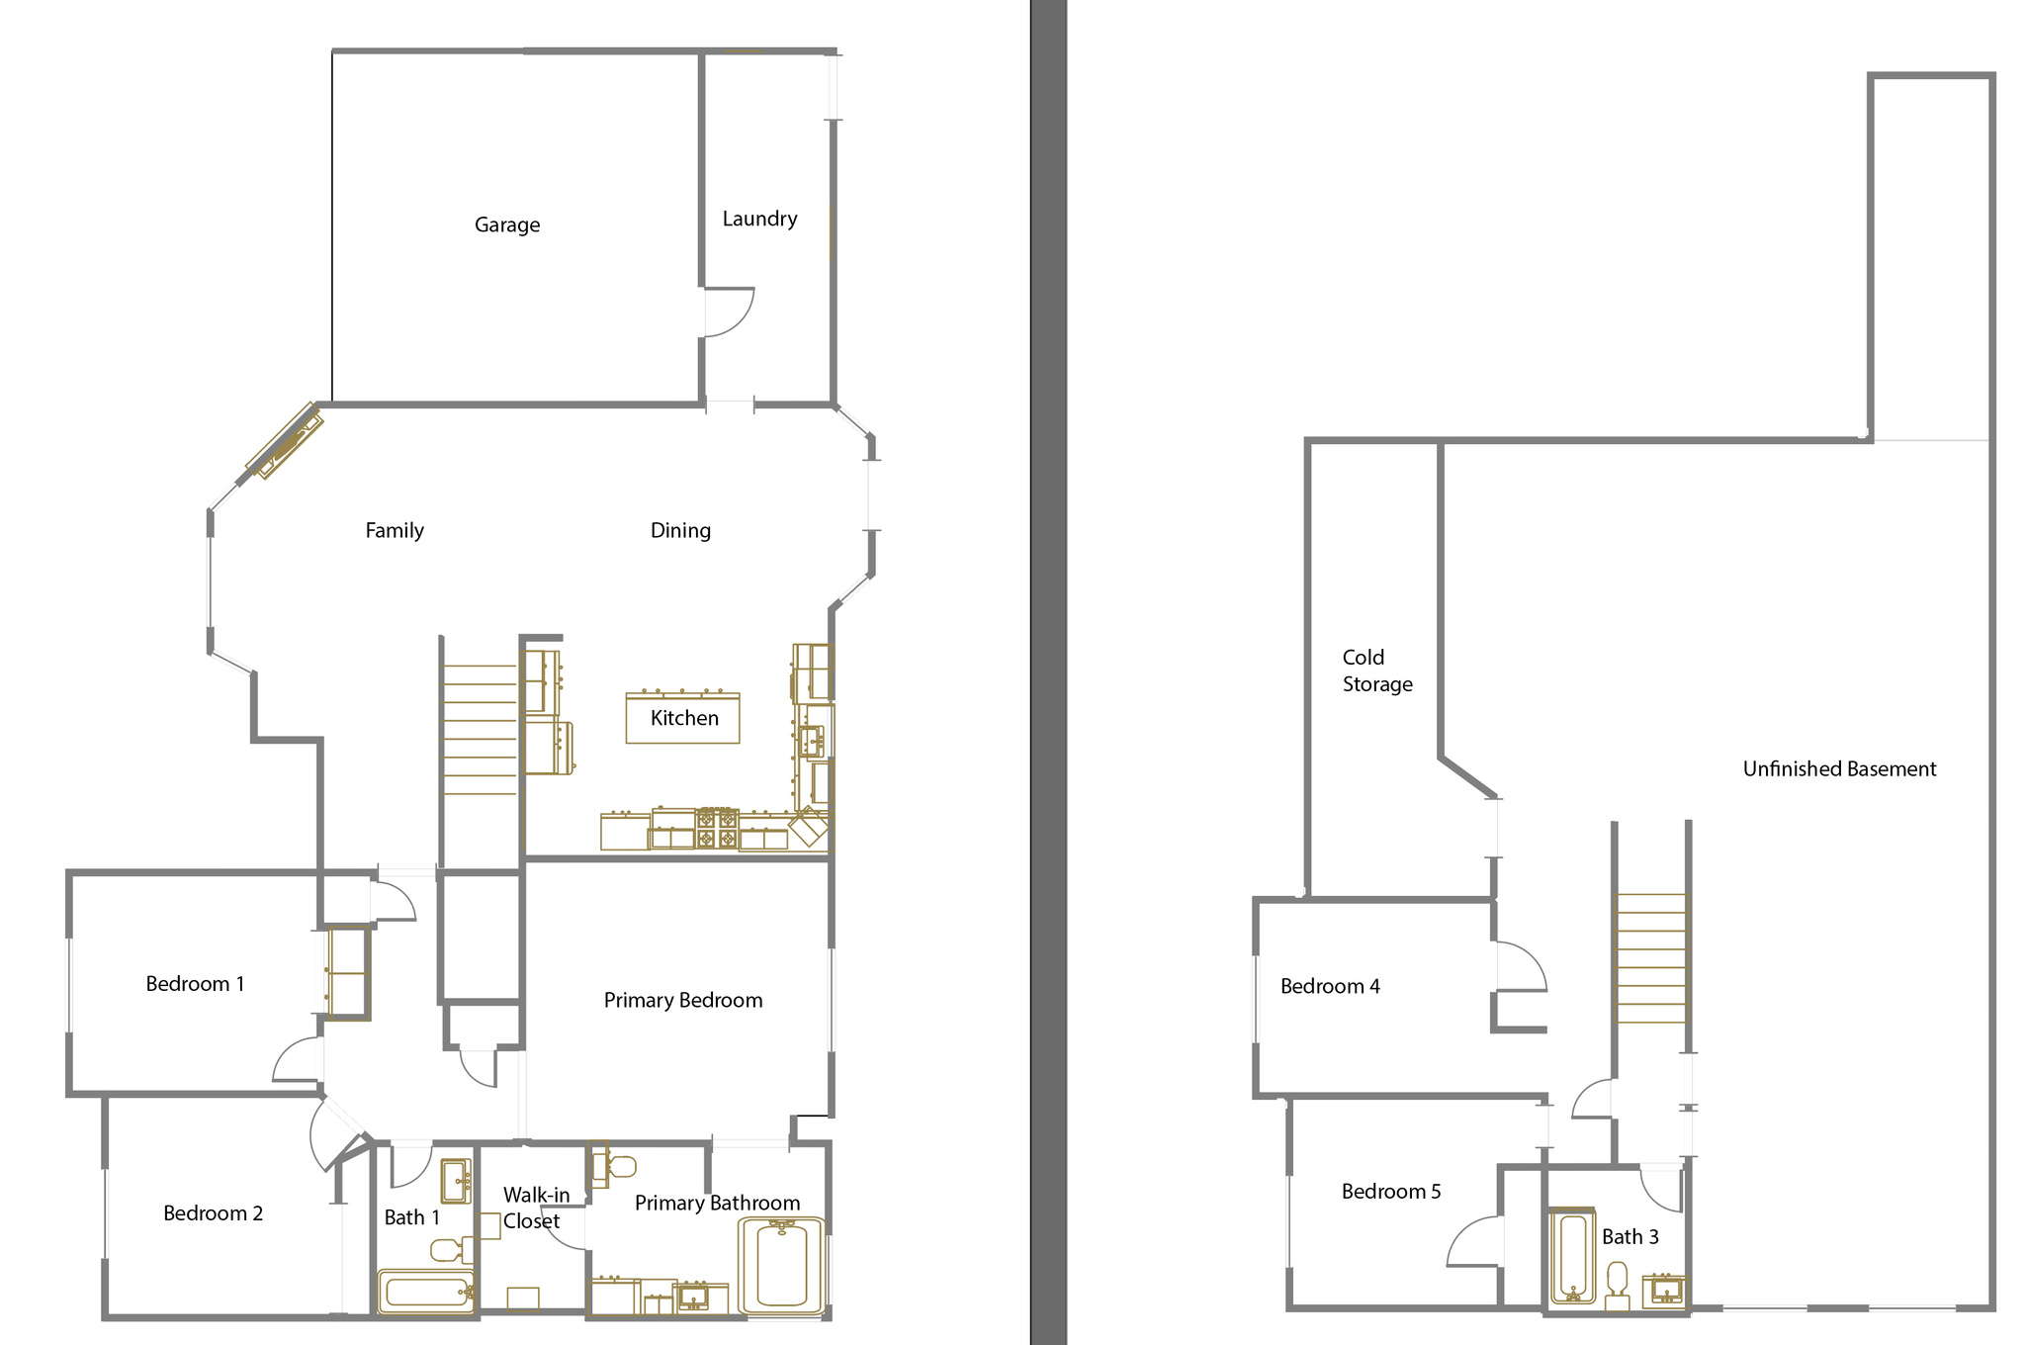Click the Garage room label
point(507,225)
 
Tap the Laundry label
point(759,219)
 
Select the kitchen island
point(682,718)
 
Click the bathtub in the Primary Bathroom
point(781,1266)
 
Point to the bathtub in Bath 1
point(426,1292)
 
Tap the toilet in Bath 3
point(1618,1285)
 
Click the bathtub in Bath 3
point(1572,1255)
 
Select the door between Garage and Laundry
point(729,313)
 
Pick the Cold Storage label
point(1377,671)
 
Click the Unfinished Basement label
point(1839,768)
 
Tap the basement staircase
point(1650,957)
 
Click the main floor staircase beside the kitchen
point(480,730)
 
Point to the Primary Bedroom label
point(683,1000)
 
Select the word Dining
point(680,531)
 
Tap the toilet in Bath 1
point(452,1250)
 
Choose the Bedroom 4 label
point(1330,986)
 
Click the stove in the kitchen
point(717,829)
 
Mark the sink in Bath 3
point(1663,1291)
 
